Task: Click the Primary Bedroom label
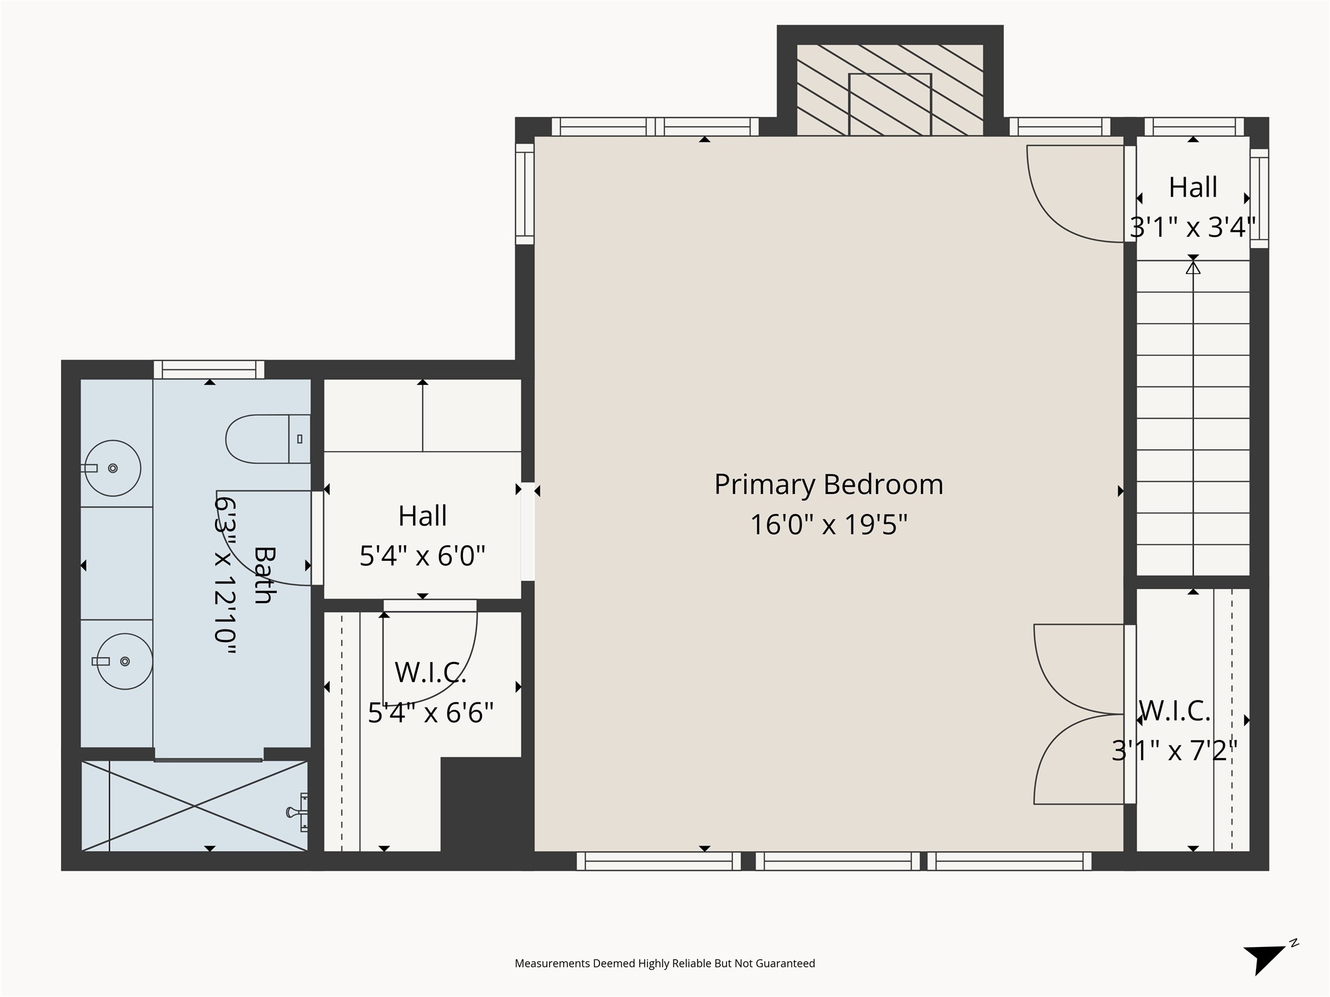pyautogui.click(x=828, y=485)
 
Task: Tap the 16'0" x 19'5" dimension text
pyautogui.click(x=828, y=524)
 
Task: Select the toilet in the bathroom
pyautogui.click(x=266, y=439)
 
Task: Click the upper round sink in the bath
pyautogui.click(x=113, y=468)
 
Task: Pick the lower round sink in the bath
pyautogui.click(x=125, y=661)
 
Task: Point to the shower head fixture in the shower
pyautogui.click(x=297, y=812)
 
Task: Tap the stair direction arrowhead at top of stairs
pyautogui.click(x=1193, y=267)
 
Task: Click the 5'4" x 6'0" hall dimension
pyautogui.click(x=422, y=556)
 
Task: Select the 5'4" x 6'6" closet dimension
pyautogui.click(x=431, y=713)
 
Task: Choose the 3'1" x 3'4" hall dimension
pyautogui.click(x=1192, y=228)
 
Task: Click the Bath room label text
pyautogui.click(x=264, y=575)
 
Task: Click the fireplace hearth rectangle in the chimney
pyautogui.click(x=890, y=104)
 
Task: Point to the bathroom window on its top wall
pyautogui.click(x=208, y=370)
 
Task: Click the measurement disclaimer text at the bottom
pyautogui.click(x=664, y=963)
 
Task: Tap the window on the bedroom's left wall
pyautogui.click(x=525, y=193)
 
